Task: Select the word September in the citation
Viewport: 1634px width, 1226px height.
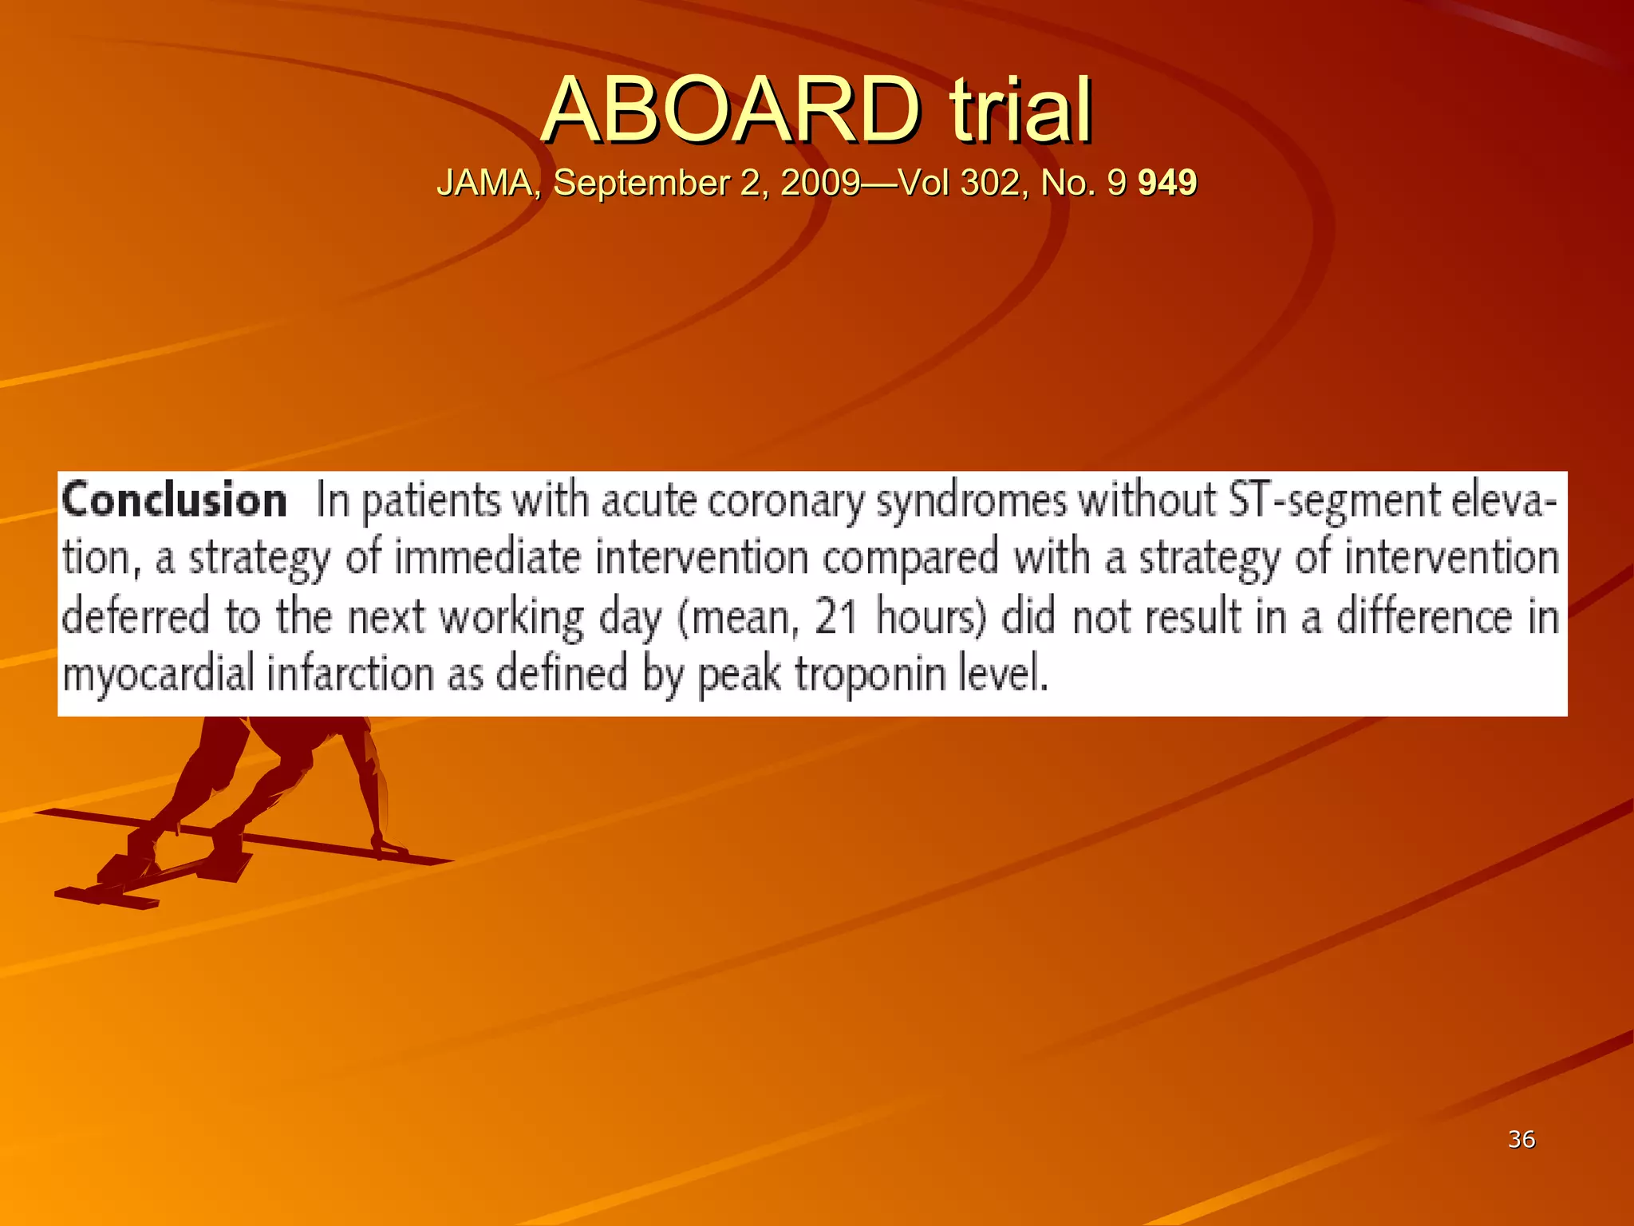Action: click(641, 183)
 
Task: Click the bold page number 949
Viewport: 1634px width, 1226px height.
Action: click(1167, 183)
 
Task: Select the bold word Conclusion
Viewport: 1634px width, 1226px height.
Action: click(175, 501)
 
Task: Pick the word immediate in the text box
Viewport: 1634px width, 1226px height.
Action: click(487, 557)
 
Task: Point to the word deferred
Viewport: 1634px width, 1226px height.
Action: click(136, 616)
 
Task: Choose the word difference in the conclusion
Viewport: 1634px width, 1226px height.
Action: click(1423, 617)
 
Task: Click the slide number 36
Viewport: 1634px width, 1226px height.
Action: click(1521, 1139)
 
